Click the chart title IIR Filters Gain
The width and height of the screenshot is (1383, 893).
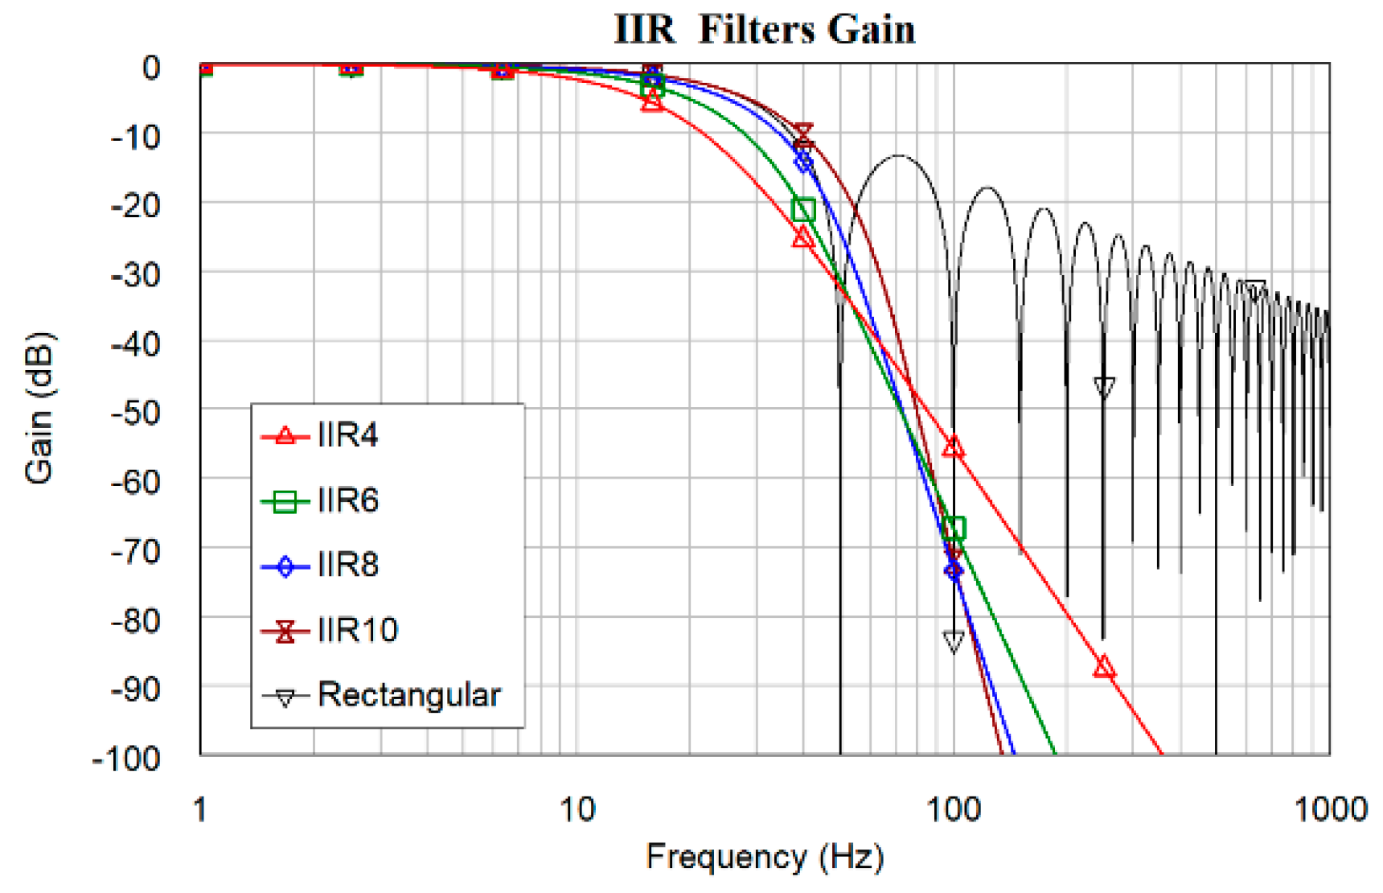(x=764, y=29)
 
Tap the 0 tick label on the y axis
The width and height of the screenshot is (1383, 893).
(x=151, y=68)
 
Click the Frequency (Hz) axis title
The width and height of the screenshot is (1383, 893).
(x=764, y=858)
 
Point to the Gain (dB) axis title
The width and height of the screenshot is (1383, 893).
(x=39, y=408)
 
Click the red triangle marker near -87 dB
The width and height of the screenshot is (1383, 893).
(x=1105, y=668)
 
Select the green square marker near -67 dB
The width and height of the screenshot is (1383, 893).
(x=954, y=529)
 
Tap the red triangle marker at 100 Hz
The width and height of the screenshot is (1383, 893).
(x=954, y=447)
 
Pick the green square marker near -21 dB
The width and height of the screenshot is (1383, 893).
(x=803, y=210)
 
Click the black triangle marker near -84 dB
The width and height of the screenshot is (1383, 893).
(x=954, y=641)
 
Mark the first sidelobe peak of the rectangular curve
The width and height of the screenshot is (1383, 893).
(x=898, y=156)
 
